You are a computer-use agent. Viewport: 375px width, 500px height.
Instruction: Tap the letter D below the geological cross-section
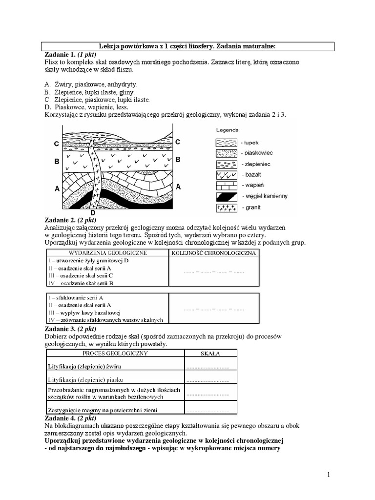coord(92,212)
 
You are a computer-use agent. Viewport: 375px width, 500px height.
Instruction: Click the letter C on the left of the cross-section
coord(57,144)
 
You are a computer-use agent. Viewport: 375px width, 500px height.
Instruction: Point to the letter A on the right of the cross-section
coord(178,187)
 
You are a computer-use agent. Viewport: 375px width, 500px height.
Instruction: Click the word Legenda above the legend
coord(228,130)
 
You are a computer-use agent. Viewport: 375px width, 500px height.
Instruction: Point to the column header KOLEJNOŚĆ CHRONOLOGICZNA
coord(214,253)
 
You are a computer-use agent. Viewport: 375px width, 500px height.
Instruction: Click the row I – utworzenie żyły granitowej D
coord(88,261)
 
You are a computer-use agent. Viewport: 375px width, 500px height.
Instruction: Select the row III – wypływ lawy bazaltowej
coord(83,312)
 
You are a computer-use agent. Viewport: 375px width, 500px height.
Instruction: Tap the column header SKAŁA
coord(210,353)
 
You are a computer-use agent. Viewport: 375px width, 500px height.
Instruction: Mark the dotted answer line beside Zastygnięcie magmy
coord(208,410)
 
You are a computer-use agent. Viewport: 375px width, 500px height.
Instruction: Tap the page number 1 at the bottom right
coord(329,475)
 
